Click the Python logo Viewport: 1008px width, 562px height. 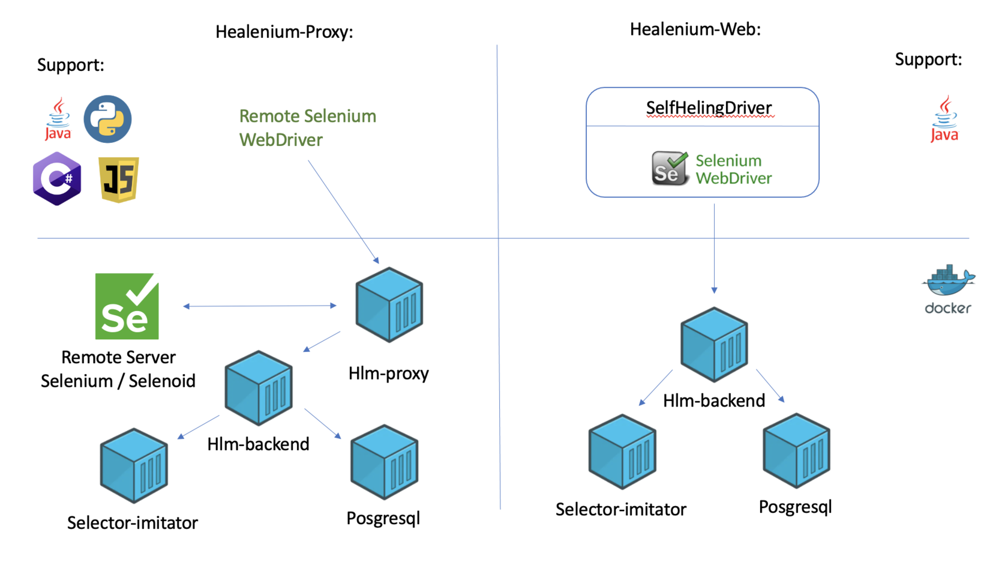pyautogui.click(x=107, y=119)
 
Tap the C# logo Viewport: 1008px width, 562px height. pyautogui.click(x=57, y=179)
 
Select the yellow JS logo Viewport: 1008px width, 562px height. pyautogui.click(x=119, y=180)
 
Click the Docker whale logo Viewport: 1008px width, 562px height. pyautogui.click(x=948, y=282)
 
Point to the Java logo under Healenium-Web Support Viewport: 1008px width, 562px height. pyautogui.click(x=944, y=119)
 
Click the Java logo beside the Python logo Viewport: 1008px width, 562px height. pyautogui.click(x=58, y=119)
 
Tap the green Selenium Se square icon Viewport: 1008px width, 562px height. pyautogui.click(x=127, y=306)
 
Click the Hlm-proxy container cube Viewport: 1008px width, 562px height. pyautogui.click(x=389, y=305)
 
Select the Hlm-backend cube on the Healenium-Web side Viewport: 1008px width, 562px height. pyautogui.click(x=714, y=345)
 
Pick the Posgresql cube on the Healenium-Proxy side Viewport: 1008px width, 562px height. pyautogui.click(x=385, y=462)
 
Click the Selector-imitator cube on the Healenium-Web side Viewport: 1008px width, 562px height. pyautogui.click(x=622, y=452)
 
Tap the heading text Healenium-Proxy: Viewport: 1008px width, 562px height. pyautogui.click(x=284, y=32)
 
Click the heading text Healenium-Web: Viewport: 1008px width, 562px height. pyautogui.click(x=695, y=29)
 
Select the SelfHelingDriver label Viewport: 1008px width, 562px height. pyautogui.click(x=709, y=108)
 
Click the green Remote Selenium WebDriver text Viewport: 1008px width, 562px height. pyautogui.click(x=307, y=128)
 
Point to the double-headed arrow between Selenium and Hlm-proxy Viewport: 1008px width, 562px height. pyautogui.click(x=260, y=306)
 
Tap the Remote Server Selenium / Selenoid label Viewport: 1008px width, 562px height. pyautogui.click(x=118, y=369)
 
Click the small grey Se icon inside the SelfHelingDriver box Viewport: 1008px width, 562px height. pyautogui.click(x=669, y=169)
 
